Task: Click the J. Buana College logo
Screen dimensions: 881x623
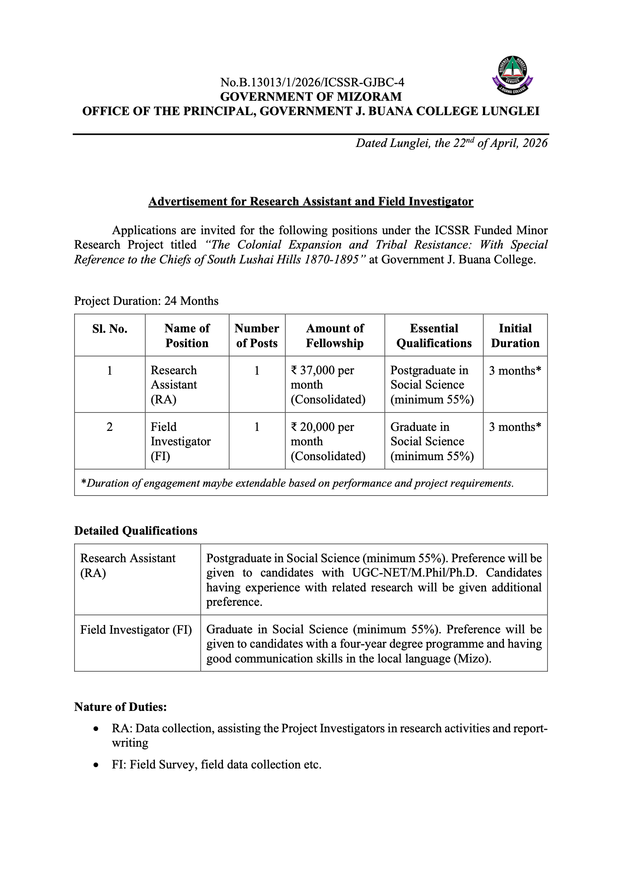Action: pos(513,75)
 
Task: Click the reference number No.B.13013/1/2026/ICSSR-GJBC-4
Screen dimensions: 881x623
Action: pos(312,82)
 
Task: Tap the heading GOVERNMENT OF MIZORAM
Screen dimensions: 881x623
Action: pos(311,96)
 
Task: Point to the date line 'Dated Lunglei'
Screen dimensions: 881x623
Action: pos(451,143)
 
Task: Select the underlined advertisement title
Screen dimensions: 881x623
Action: pos(311,201)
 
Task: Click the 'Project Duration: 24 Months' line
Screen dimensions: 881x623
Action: pos(146,301)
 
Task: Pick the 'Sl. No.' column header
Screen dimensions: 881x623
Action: pos(110,329)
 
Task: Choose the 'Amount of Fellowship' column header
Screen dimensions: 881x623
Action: pos(335,336)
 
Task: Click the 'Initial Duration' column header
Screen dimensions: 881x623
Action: pos(515,336)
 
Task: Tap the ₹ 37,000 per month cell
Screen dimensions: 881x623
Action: pos(328,385)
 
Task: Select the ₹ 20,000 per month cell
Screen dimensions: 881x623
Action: pos(328,441)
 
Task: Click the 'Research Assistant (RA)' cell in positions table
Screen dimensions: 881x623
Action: pos(174,385)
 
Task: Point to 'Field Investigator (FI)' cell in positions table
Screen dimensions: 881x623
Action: pos(180,441)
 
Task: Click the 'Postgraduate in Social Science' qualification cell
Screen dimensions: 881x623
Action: pos(431,385)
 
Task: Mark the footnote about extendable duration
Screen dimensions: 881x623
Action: pos(298,483)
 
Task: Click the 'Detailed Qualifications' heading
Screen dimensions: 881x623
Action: pos(136,531)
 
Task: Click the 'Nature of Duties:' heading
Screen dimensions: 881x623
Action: pos(120,707)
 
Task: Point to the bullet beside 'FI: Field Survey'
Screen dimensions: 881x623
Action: pos(96,765)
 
